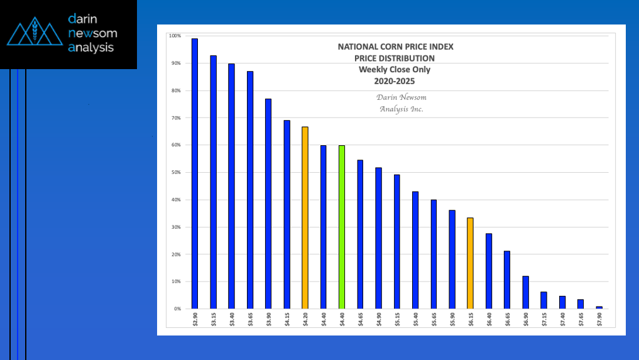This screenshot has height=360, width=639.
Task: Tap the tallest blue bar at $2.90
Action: [x=195, y=173]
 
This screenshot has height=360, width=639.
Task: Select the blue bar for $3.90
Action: [x=268, y=204]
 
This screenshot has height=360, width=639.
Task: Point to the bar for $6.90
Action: [x=525, y=292]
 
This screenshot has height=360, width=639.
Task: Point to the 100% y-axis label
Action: [x=175, y=36]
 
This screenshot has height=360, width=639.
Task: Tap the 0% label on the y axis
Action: [x=177, y=309]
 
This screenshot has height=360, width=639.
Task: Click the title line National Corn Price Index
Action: [x=395, y=46]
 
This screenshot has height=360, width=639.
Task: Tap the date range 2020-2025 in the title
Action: [x=395, y=81]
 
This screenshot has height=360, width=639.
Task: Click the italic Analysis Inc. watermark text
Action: [x=401, y=109]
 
